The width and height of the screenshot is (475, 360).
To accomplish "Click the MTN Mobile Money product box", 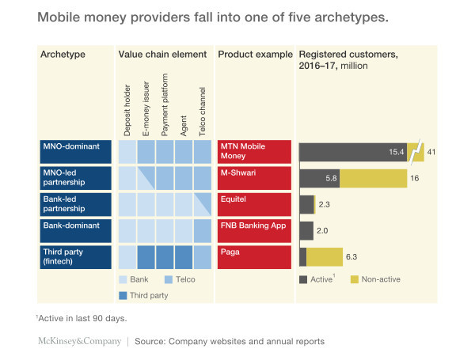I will click(255, 151).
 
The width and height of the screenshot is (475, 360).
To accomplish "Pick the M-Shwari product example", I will click(255, 178).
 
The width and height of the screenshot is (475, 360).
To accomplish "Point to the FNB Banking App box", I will click(255, 230).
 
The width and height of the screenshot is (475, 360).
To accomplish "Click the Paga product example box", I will click(255, 256).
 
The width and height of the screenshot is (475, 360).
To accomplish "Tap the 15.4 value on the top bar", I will click(395, 151).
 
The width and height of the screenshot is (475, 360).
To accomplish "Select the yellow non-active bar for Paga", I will click(325, 256).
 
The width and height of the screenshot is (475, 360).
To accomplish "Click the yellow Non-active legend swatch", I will click(355, 279).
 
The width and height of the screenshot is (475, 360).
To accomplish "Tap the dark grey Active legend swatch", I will click(304, 279).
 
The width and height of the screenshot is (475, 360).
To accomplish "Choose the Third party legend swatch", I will click(123, 295).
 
